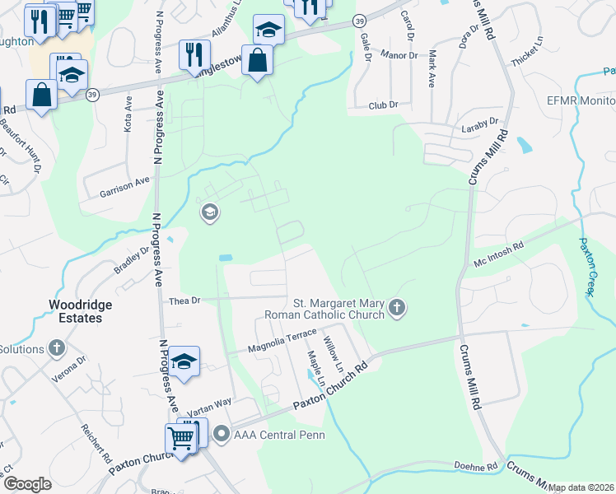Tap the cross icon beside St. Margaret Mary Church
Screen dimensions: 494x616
398,308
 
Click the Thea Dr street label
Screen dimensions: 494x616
184,301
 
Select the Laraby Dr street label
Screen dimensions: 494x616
482,121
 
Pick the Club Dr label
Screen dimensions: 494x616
383,105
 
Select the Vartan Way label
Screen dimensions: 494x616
202,410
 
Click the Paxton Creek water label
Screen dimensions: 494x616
590,259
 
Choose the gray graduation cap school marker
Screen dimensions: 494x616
209,213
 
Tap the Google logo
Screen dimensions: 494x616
28,484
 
